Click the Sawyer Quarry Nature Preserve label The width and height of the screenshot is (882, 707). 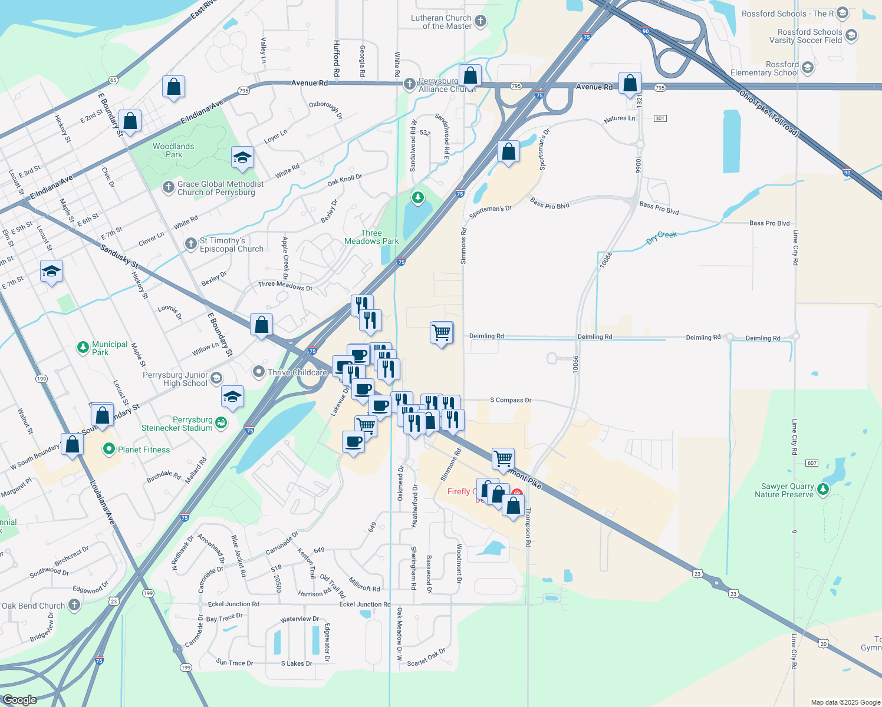pyautogui.click(x=784, y=491)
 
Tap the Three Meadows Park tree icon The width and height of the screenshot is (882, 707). pyautogui.click(x=418, y=197)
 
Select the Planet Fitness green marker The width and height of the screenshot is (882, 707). pyautogui.click(x=108, y=450)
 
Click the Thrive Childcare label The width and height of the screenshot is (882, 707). pyautogui.click(x=297, y=372)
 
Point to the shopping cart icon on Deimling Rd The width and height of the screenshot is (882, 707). pyautogui.click(x=442, y=333)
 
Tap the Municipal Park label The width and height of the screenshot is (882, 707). pyautogui.click(x=110, y=348)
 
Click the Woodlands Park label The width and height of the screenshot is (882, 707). pyautogui.click(x=173, y=150)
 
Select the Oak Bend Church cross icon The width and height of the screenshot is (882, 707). pyautogui.click(x=74, y=605)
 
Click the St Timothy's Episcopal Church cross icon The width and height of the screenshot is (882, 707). pyautogui.click(x=191, y=244)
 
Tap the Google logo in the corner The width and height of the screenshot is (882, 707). pyautogui.click(x=19, y=699)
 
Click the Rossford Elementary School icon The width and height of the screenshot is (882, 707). pyautogui.click(x=808, y=68)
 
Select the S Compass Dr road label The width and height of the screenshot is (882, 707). pyautogui.click(x=511, y=400)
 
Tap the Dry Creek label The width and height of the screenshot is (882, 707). pyautogui.click(x=661, y=237)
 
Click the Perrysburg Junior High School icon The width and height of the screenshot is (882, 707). pyautogui.click(x=216, y=378)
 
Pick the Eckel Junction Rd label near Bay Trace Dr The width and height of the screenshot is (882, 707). pyautogui.click(x=233, y=604)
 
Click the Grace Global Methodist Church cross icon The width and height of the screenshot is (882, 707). pyautogui.click(x=169, y=187)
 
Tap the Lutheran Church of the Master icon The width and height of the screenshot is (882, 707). pyautogui.click(x=481, y=22)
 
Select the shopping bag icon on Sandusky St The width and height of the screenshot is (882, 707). pyautogui.click(x=261, y=325)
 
